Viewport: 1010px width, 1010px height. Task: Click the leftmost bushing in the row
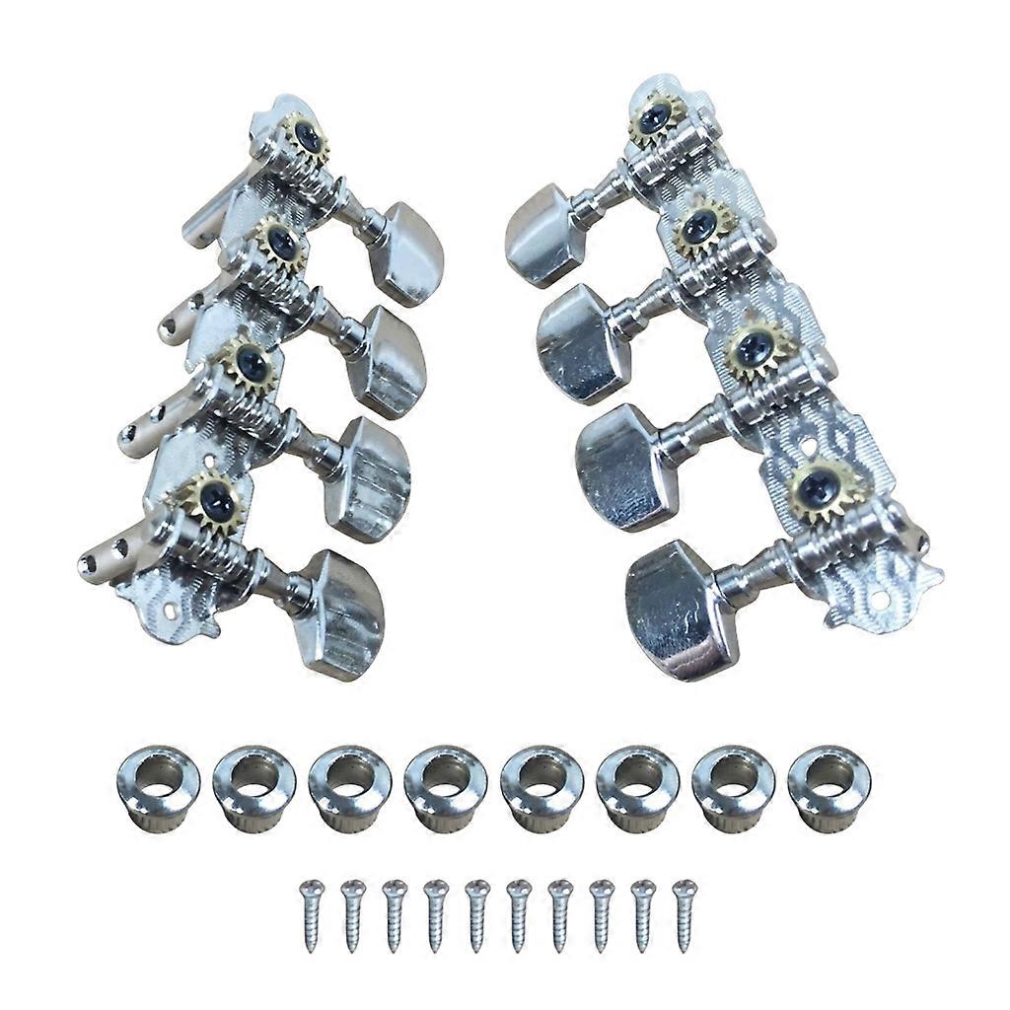click(x=158, y=787)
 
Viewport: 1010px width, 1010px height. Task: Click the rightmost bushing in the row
click(x=829, y=787)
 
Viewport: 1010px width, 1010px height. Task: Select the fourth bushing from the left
click(x=445, y=787)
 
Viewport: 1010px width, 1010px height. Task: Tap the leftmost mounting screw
click(x=311, y=914)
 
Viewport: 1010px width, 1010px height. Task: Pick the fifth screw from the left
click(x=476, y=914)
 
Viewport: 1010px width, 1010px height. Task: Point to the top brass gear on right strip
click(x=655, y=118)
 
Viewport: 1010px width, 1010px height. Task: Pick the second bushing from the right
click(x=733, y=787)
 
